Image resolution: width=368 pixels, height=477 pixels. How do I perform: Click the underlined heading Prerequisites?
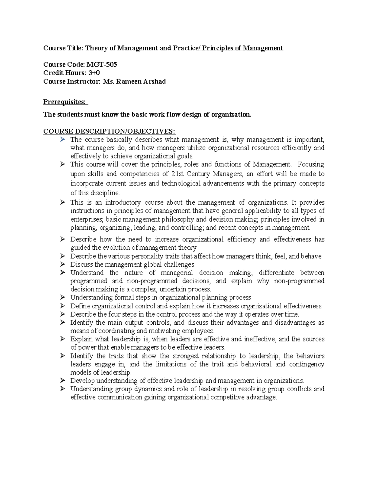(x=65, y=102)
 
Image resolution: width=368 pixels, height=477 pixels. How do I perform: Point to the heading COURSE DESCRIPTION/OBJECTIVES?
(x=109, y=131)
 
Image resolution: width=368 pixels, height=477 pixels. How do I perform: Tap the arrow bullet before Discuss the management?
(x=63, y=264)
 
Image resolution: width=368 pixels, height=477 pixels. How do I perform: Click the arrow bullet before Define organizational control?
(x=63, y=306)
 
